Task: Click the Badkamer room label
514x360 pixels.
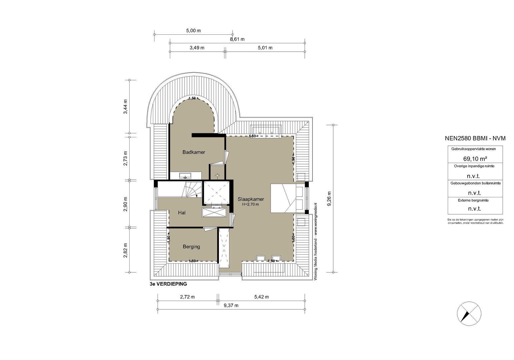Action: pos(194,152)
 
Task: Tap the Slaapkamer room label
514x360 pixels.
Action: pos(251,199)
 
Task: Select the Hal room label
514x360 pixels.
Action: pos(182,213)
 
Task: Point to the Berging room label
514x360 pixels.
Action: pos(191,247)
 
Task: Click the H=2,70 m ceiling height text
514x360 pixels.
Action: pos(251,204)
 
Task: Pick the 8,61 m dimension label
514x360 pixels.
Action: pos(238,39)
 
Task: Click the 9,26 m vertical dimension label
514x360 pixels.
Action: pos(329,199)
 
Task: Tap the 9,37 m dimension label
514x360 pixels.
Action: pos(231,305)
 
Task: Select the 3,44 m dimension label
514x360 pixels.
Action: pos(126,107)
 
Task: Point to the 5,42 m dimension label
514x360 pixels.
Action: pos(261,297)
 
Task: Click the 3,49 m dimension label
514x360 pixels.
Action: pos(197,48)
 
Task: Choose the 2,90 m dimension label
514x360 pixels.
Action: pos(126,204)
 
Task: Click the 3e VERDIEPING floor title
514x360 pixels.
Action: pos(168,284)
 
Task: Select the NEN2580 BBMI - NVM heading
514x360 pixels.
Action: pos(475,138)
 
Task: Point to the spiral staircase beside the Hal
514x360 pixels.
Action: pos(190,190)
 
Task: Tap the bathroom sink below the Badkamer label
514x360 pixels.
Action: pos(185,175)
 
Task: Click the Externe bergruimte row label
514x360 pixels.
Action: pos(475,200)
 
